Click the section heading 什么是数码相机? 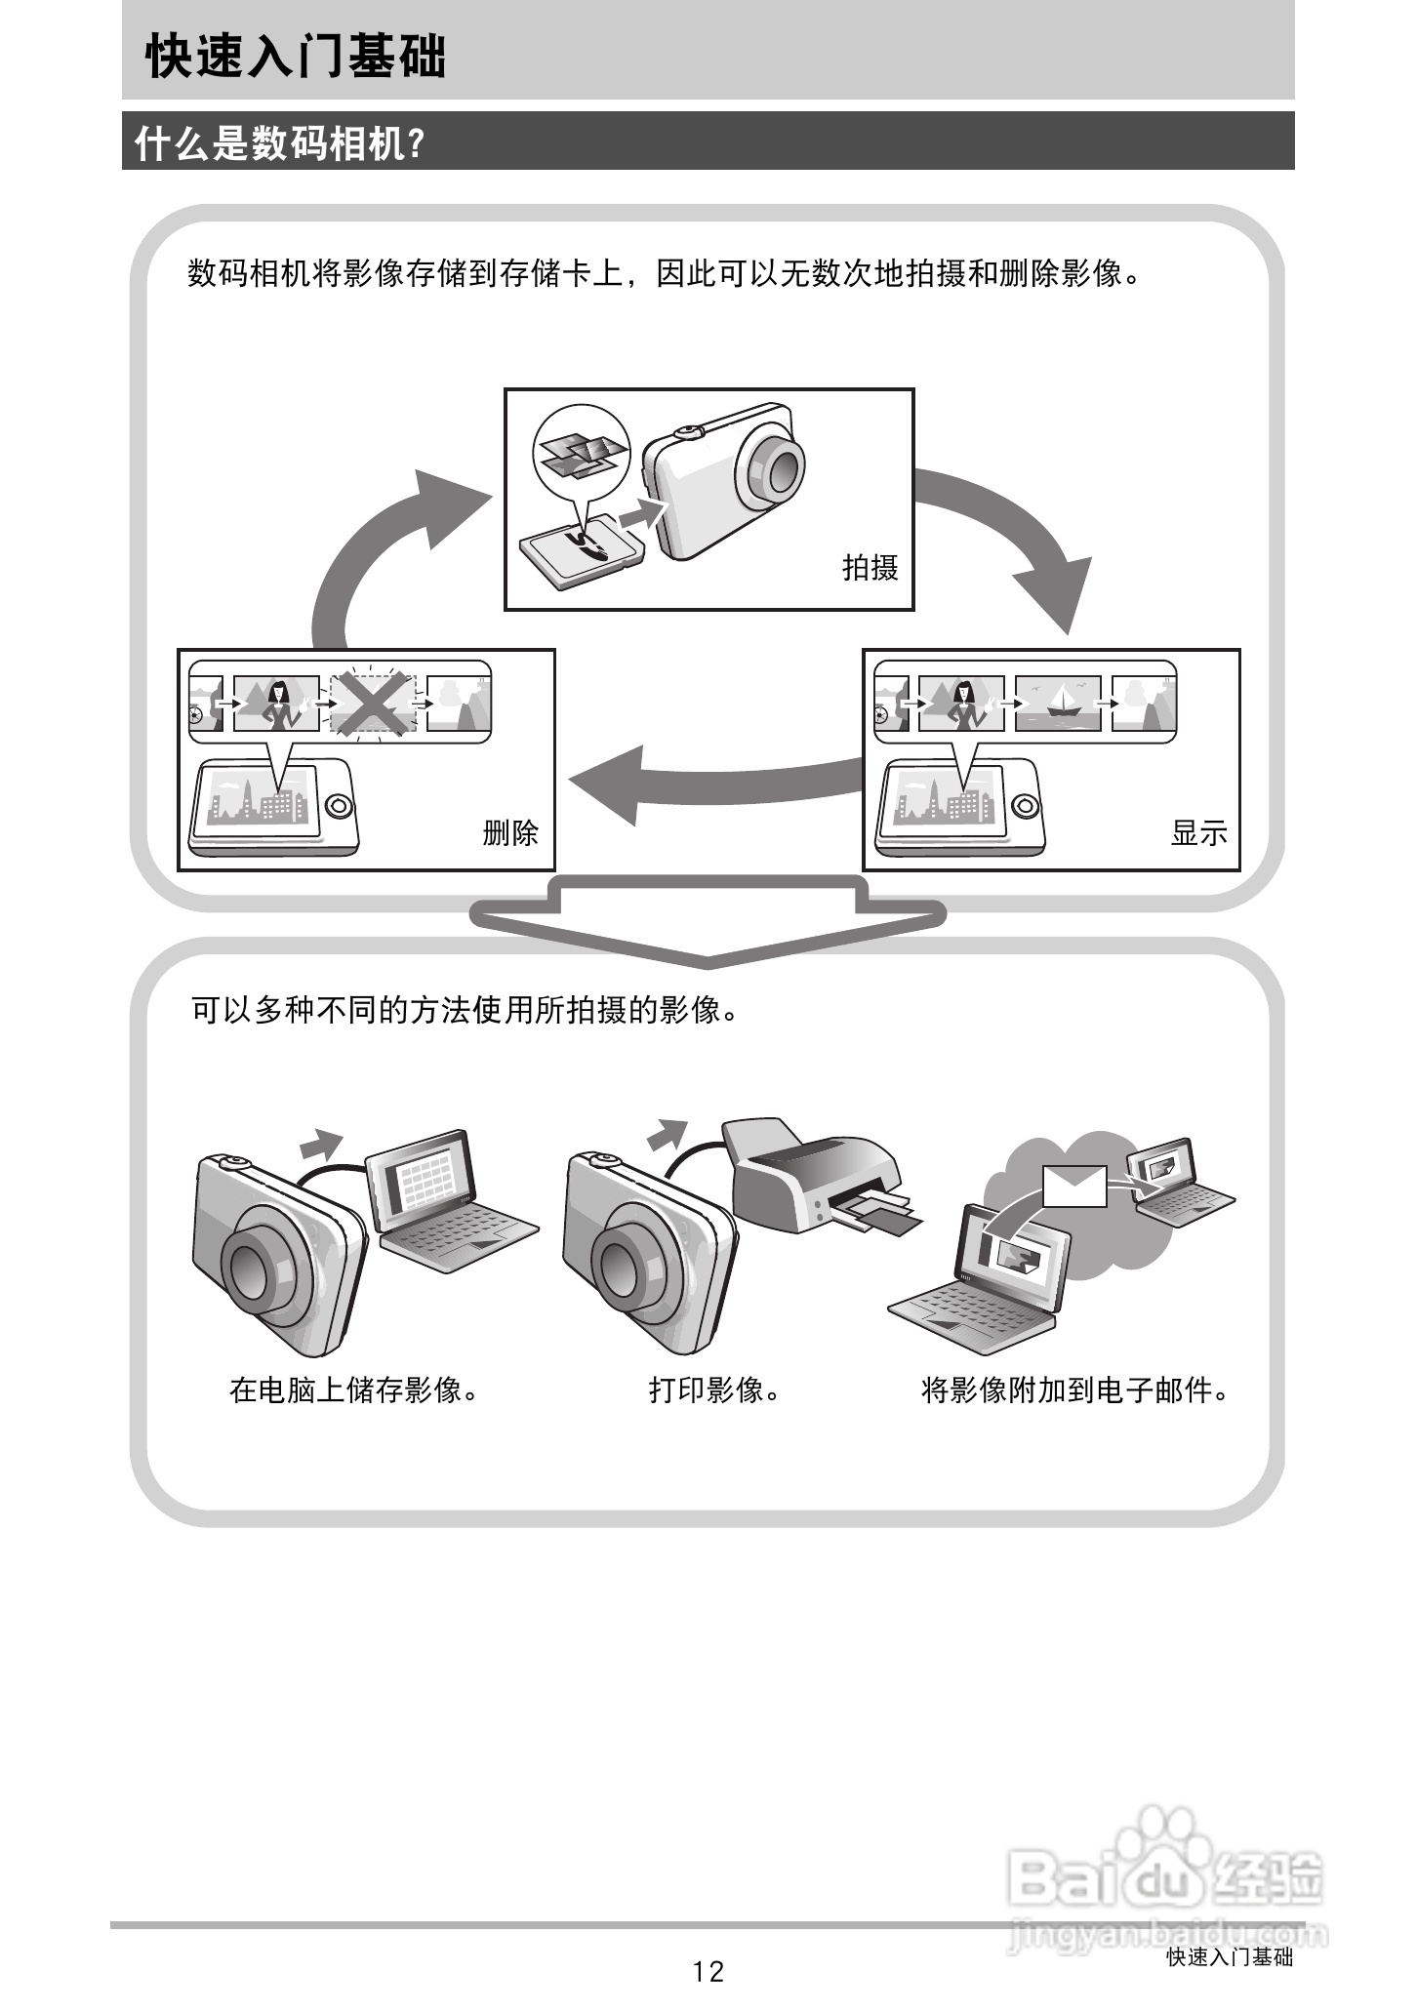coord(280,143)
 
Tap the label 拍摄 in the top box coord(870,567)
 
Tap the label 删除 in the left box coord(510,832)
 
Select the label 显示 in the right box coord(1198,832)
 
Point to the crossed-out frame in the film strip coord(373,703)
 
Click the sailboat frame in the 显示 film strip coord(1058,703)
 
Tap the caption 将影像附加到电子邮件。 coord(1074,1390)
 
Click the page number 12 coord(708,1971)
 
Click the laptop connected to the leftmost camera coord(444,1205)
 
